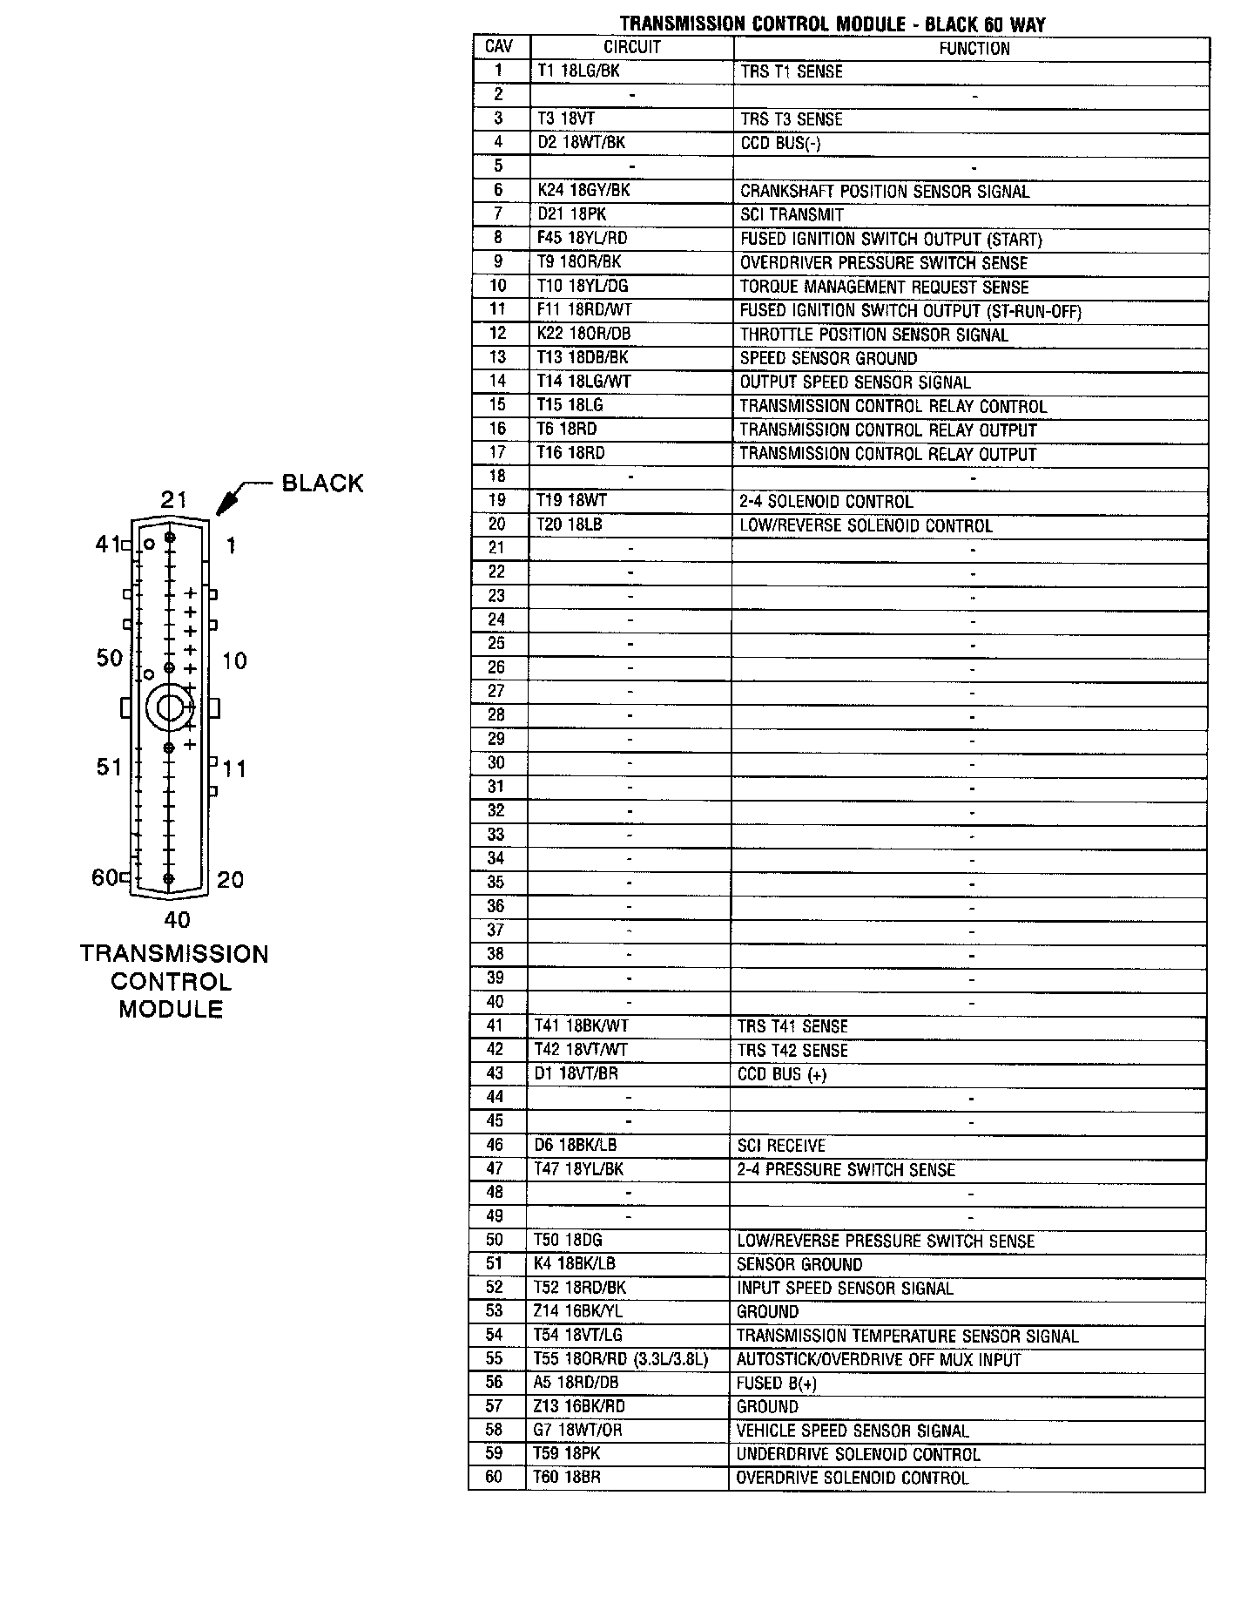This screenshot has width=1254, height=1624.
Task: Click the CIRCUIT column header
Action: (632, 48)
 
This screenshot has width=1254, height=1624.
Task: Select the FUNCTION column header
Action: (974, 49)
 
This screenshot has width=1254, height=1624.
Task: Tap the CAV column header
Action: (499, 47)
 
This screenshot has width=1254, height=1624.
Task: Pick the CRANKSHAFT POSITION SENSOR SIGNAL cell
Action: (885, 192)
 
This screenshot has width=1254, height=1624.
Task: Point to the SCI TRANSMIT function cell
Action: (792, 215)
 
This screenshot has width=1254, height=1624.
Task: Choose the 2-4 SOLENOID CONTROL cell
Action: (826, 502)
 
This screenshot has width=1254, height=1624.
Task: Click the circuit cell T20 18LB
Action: (570, 524)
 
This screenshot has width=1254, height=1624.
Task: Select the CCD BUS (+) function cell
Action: (781, 1074)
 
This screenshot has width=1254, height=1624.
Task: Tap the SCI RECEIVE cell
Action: (780, 1146)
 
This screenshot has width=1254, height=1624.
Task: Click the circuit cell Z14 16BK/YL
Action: (578, 1311)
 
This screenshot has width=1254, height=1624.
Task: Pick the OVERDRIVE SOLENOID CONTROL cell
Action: (852, 1479)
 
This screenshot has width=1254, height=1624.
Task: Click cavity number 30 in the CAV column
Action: (496, 763)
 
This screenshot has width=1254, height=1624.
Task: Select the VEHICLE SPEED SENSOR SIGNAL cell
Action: (853, 1431)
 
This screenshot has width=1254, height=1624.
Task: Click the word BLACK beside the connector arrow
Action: (322, 484)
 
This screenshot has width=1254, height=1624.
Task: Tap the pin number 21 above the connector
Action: (173, 499)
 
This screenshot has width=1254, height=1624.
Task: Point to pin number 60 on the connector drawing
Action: (104, 877)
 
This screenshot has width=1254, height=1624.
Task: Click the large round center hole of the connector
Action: (168, 708)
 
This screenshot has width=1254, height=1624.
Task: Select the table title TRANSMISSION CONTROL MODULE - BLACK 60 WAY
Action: (833, 24)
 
